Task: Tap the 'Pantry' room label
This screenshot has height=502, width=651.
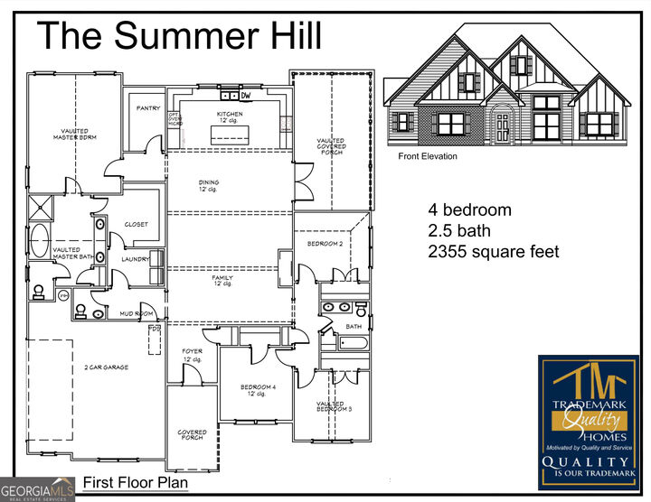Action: point(147,108)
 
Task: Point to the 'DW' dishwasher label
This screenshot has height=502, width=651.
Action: point(245,95)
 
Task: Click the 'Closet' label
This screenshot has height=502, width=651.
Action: point(136,224)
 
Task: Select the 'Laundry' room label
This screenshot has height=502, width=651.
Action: point(136,259)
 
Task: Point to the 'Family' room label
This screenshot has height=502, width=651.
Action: point(222,281)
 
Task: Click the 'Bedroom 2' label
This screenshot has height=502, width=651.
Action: point(325,244)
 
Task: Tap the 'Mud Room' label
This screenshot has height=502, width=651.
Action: point(135,313)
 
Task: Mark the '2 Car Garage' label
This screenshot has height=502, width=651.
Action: point(107,367)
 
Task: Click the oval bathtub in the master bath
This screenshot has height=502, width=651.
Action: point(39,243)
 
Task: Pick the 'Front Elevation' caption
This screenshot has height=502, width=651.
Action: point(428,156)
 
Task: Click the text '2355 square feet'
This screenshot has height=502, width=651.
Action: point(493,252)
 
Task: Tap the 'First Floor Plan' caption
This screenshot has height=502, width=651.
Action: point(136,483)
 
